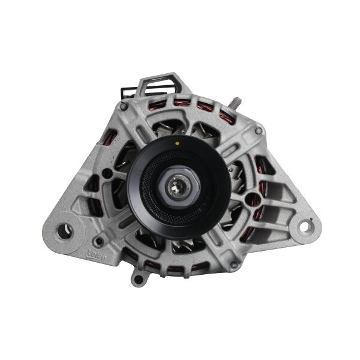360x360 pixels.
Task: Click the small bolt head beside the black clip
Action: [x=124, y=106]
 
